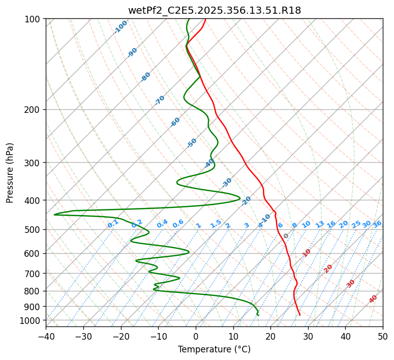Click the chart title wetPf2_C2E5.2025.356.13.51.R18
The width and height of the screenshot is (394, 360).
tap(214, 11)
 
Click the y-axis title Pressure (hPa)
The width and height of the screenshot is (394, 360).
tap(10, 173)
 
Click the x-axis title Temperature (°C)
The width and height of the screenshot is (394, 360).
tap(214, 350)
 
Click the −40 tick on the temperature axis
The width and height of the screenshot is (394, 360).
tap(46, 336)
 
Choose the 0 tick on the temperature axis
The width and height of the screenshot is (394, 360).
tap(196, 336)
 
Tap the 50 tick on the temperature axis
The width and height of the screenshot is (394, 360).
tap(383, 336)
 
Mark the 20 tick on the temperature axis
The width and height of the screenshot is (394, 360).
tap(270, 336)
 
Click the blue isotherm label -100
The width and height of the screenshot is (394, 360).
tap(121, 27)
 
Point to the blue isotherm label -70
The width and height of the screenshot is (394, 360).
tap(160, 100)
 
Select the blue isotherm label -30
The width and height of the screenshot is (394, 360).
tap(227, 183)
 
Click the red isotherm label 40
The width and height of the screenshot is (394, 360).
tap(373, 299)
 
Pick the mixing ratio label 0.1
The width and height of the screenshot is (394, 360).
tap(113, 224)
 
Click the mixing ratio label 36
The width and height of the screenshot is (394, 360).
tap(377, 224)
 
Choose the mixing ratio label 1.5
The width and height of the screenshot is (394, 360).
tap(216, 224)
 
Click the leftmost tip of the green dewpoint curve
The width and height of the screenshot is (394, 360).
tap(54, 215)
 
